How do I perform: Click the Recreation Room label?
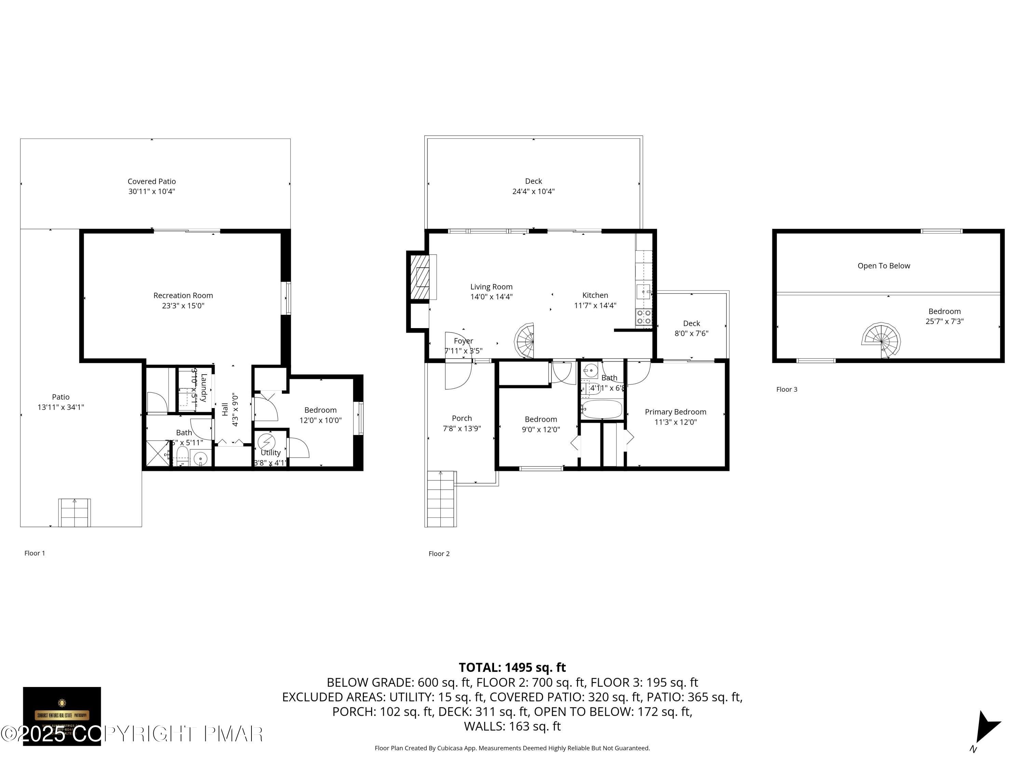183,296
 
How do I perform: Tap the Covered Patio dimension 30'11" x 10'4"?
151,191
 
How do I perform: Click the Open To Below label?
883,266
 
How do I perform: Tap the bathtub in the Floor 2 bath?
601,409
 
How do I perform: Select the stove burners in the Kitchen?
644,317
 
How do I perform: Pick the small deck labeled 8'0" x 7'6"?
692,328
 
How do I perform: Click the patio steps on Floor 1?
74,512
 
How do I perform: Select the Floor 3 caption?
787,389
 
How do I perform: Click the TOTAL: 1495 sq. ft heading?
512,667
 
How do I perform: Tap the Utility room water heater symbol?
266,441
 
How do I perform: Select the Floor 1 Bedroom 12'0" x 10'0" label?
320,415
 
